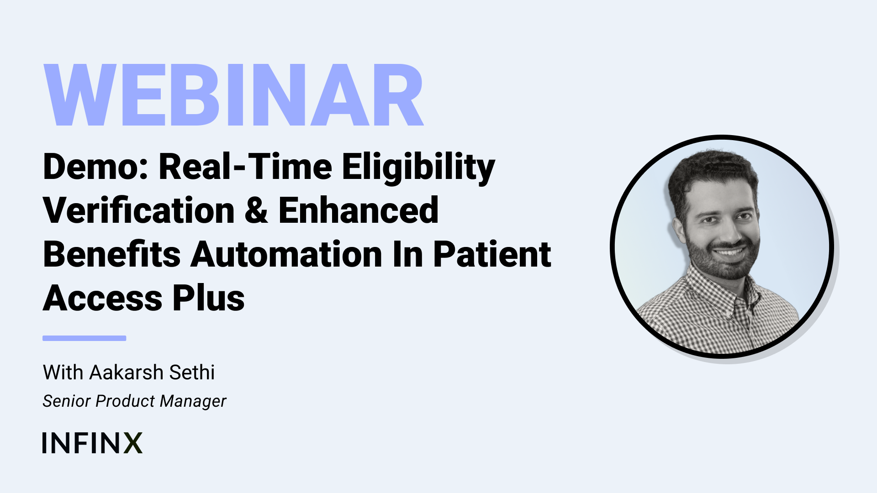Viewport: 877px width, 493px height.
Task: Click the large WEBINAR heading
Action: point(233,94)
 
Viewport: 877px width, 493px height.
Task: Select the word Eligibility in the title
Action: point(418,168)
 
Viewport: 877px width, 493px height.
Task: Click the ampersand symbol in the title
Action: point(257,210)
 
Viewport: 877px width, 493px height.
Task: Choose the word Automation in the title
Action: point(286,254)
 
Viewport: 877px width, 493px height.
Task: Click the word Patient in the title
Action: point(492,254)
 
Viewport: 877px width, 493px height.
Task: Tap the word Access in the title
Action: point(103,298)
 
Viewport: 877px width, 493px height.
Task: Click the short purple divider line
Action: point(85,338)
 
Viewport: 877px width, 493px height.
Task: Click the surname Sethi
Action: point(192,372)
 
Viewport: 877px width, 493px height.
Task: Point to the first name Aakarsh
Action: point(127,372)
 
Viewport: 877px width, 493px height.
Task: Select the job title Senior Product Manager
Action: point(134,401)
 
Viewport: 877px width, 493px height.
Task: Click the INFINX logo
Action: point(92,443)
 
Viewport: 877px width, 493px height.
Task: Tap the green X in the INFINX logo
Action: point(133,443)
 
